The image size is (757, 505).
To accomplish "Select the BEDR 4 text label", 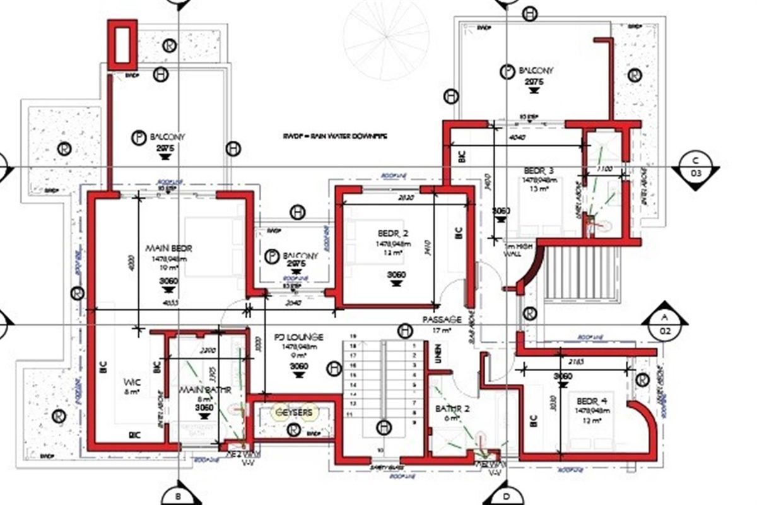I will click(586, 401).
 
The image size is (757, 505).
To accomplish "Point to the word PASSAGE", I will click(442, 320).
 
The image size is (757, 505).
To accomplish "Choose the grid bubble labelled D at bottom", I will click(505, 496).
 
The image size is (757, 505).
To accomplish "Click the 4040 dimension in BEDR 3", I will click(516, 137).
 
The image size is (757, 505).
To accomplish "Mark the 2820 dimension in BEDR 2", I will click(389, 198).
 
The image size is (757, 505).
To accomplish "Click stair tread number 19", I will click(353, 336).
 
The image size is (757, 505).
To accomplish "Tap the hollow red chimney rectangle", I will click(122, 44).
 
